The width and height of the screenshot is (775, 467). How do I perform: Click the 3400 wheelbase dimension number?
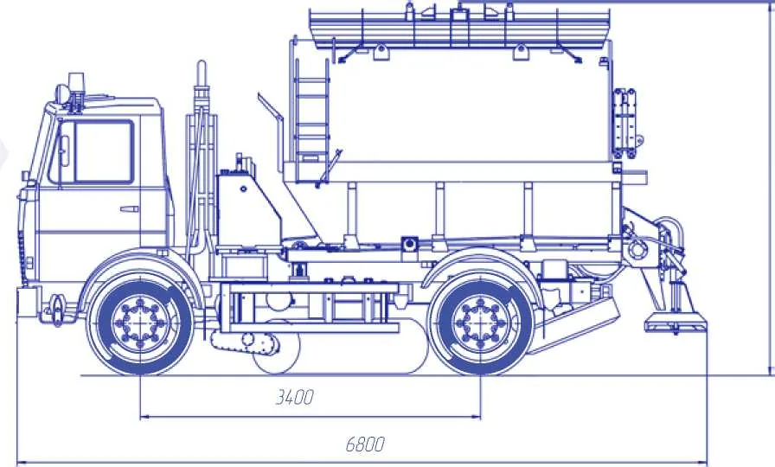[x=294, y=397]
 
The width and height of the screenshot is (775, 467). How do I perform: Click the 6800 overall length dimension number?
[x=365, y=445]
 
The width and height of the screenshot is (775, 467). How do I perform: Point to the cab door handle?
[x=129, y=209]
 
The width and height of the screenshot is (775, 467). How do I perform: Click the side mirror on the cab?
[x=64, y=150]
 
